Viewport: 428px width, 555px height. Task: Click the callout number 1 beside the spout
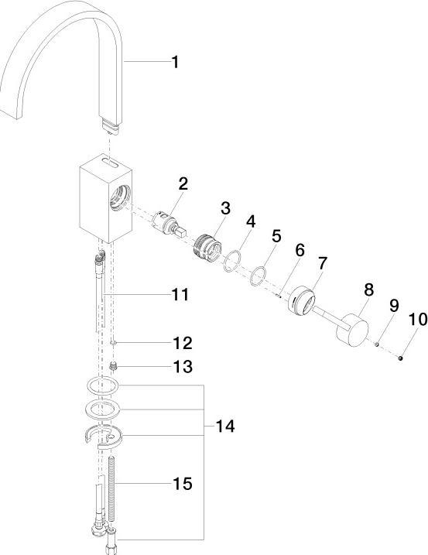175,62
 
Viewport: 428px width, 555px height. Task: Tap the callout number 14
225,427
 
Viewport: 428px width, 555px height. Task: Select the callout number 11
180,294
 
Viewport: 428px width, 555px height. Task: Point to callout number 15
183,484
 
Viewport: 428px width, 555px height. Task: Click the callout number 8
369,289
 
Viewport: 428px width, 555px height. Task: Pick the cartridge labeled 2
169,224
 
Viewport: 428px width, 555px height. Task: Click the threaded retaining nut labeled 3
207,248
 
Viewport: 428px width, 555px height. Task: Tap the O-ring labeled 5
259,276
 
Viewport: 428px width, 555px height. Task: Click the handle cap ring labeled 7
301,300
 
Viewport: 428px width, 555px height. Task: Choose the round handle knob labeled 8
352,330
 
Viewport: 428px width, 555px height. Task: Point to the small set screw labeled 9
377,344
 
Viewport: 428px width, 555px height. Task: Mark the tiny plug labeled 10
401,358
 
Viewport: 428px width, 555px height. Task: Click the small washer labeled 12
113,343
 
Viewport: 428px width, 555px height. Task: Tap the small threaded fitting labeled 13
113,366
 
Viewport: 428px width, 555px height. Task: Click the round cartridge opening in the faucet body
120,198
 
